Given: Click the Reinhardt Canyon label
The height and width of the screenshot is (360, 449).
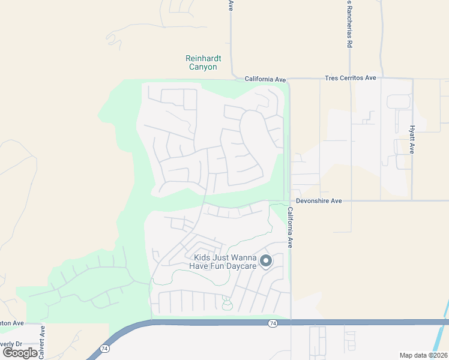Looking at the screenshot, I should (x=203, y=62).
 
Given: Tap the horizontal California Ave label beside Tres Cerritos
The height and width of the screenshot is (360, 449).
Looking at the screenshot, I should (x=265, y=79).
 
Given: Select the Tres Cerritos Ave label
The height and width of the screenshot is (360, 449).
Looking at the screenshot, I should (x=350, y=78).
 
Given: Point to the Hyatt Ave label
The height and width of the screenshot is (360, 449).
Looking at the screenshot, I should (x=412, y=140).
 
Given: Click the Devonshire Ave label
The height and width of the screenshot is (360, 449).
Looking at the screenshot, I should (x=319, y=201).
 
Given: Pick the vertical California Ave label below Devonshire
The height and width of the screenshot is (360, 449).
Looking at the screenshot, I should (x=290, y=227).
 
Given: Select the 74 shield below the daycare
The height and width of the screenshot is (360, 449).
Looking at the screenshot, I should (x=273, y=323).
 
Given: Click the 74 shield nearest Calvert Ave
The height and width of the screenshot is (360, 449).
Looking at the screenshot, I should (x=105, y=348).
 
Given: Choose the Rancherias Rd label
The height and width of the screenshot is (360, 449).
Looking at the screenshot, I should (x=349, y=24).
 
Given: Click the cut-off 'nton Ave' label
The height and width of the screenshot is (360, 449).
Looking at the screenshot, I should (x=11, y=323).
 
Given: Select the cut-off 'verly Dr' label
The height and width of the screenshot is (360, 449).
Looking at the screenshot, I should (x=11, y=344).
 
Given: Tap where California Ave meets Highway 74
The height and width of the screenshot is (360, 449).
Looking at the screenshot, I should (x=291, y=323).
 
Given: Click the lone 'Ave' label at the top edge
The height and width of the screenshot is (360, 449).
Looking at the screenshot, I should (x=231, y=5).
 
